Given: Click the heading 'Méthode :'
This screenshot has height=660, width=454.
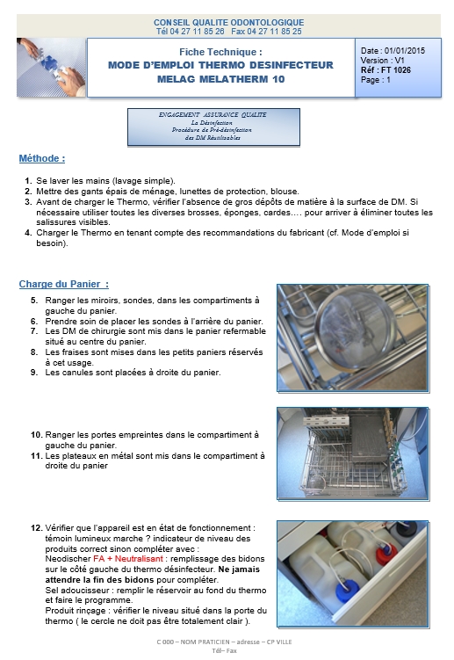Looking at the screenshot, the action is [x=41, y=159].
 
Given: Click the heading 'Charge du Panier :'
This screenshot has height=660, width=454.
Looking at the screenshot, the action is [x=63, y=284].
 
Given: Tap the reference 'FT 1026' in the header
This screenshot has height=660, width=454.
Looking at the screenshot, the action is [x=395, y=70].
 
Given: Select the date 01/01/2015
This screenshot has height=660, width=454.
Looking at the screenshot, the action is [x=405, y=50].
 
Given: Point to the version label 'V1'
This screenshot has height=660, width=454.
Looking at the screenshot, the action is [x=399, y=60].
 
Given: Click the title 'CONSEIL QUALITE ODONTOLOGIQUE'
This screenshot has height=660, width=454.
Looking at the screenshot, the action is [x=228, y=22].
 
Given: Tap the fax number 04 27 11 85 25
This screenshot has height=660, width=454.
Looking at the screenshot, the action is [x=274, y=32].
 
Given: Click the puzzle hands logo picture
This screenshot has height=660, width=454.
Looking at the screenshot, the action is [x=51, y=68].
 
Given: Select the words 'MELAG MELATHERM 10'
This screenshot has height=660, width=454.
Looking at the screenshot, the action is [x=221, y=79].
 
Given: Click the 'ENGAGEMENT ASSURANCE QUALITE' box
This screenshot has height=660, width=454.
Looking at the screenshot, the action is [x=213, y=127].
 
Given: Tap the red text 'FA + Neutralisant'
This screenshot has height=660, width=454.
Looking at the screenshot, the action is [x=128, y=559].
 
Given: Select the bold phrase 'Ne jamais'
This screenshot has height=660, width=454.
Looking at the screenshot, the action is [x=239, y=569].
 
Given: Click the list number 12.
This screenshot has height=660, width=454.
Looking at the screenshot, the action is [x=36, y=528].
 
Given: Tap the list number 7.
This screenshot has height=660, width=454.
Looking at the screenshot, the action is [x=34, y=331].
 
